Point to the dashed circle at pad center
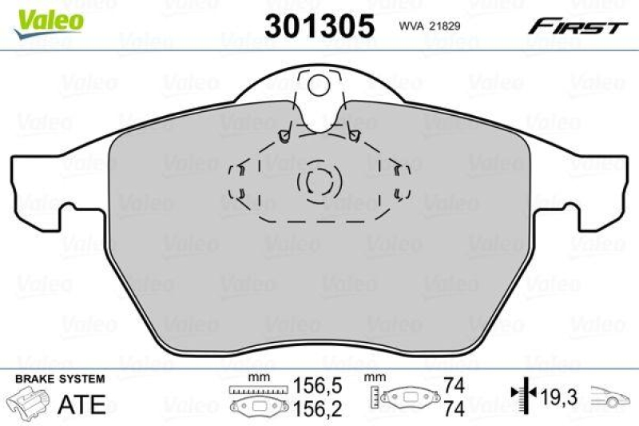click(318, 183)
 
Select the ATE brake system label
click(83, 404)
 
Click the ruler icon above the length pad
click(250, 389)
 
